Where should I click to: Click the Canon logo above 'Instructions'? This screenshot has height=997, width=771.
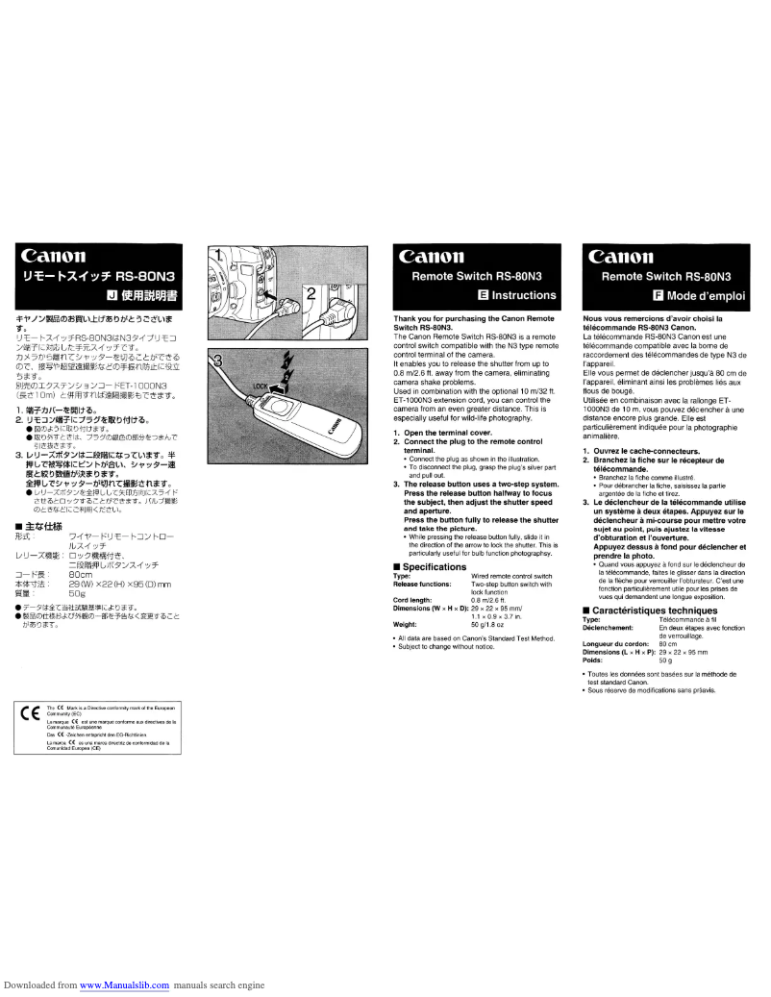tap(439, 257)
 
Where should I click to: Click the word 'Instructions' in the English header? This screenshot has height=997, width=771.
tap(524, 295)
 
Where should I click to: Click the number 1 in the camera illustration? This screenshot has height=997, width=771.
tap(217, 257)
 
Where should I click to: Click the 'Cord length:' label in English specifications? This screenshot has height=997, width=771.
tap(416, 601)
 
